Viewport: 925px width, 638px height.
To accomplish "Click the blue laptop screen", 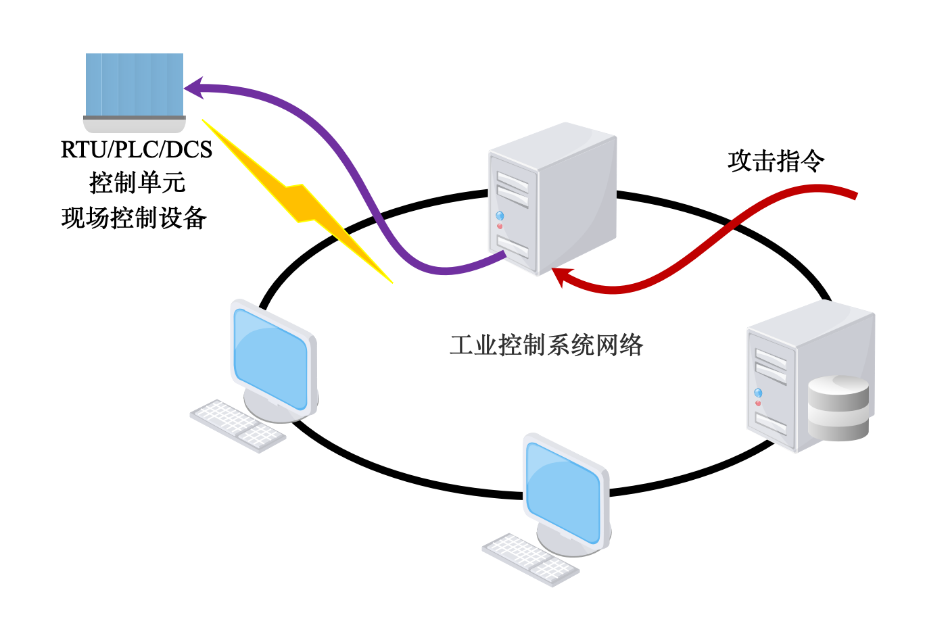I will [135, 84].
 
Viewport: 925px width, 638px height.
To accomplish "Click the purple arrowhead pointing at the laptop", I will [193, 87].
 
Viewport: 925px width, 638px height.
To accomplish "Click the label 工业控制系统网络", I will [546, 345].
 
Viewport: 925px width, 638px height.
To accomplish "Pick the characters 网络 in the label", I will [619, 345].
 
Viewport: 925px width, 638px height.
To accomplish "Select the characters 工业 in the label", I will [473, 345].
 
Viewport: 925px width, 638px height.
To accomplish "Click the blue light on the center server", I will [500, 216].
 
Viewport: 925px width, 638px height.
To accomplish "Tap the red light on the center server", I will [500, 226].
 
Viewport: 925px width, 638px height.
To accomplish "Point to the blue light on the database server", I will [758, 393].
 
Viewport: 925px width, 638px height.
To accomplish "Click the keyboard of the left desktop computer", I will [237, 425].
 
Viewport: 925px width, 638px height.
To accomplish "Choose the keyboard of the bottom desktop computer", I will [530, 560].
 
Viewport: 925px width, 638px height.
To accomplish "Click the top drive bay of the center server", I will [513, 180].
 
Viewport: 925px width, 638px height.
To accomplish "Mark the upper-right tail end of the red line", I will [855, 195].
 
